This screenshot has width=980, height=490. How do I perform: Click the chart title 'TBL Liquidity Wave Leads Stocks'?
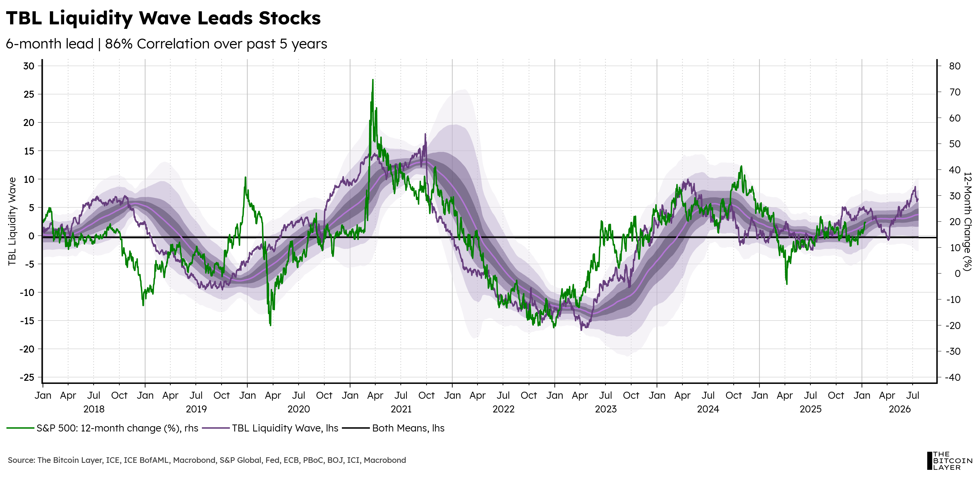163,18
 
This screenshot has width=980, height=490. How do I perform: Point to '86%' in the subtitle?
118,44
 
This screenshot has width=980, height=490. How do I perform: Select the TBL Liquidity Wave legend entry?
270,428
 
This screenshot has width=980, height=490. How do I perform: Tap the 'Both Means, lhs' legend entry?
393,428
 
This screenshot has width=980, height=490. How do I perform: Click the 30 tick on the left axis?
29,66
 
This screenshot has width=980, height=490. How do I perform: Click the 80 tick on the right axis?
955,66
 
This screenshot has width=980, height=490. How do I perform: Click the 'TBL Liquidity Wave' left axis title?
12,221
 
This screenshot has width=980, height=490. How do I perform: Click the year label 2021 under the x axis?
401,409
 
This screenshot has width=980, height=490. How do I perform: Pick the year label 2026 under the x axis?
900,409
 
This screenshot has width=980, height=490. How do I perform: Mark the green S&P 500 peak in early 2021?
373,80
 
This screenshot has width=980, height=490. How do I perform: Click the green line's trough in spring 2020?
270,325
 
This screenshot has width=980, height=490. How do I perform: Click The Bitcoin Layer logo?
949,461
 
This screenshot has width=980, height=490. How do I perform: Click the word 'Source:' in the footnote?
21,460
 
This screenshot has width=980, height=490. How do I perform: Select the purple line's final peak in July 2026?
915,187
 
